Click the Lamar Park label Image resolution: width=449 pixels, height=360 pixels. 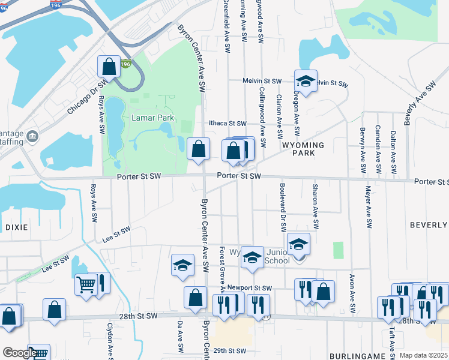(x=152, y=118)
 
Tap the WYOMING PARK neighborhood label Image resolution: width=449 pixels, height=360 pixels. (x=303, y=149)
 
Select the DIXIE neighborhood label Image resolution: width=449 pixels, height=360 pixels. (x=13, y=227)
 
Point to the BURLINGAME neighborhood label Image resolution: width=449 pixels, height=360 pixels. (x=355, y=356)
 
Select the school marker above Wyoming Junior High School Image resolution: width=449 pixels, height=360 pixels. (x=298, y=244)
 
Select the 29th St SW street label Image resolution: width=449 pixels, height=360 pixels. (x=229, y=350)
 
